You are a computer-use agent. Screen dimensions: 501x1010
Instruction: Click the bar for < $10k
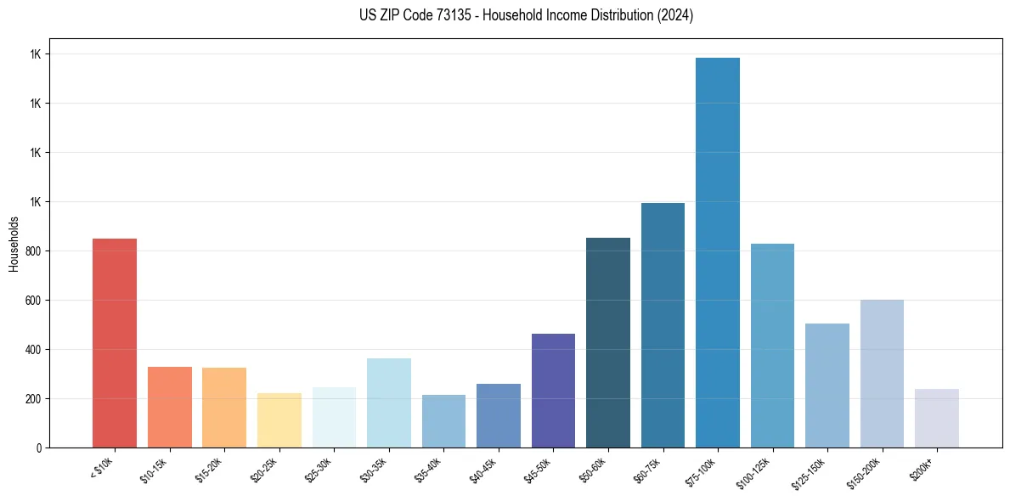tap(115, 343)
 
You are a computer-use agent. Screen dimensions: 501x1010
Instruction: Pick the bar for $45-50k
tap(553, 391)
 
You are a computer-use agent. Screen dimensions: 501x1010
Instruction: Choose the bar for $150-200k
tap(882, 374)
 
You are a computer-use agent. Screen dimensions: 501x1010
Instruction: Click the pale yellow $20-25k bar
tap(279, 420)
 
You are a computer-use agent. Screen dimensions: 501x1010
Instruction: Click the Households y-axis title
tap(14, 243)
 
